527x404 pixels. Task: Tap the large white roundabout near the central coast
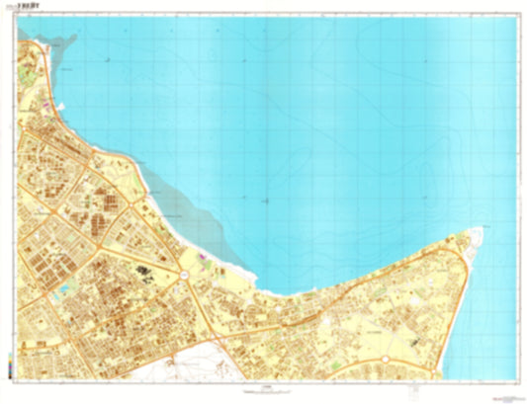(x=185, y=272)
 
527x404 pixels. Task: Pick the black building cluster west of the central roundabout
(x=145, y=270)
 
